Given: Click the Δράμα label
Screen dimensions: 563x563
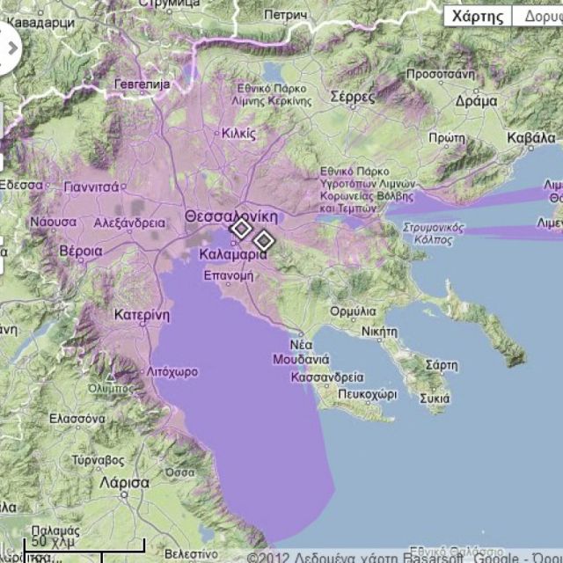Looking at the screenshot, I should pos(477,101).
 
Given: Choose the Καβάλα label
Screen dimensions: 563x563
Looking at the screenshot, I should pos(531,138).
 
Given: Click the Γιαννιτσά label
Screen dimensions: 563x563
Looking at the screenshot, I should pos(92,186).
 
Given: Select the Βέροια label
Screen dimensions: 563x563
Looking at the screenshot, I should pos(80,251).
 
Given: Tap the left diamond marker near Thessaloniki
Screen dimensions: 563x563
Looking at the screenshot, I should pos(240,230).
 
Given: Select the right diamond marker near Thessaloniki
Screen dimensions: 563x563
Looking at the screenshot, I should pos(263,239).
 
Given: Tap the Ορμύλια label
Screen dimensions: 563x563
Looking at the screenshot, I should pos(353,311).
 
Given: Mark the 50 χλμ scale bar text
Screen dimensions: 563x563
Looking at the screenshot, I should pos(50,541).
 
